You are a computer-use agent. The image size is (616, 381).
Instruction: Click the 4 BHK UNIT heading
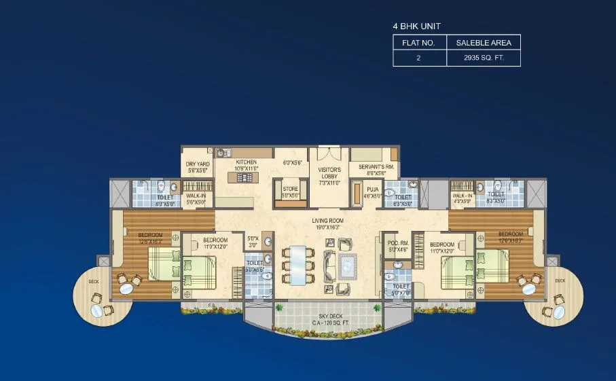point(416,26)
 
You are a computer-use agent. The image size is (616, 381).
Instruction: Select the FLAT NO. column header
point(419,43)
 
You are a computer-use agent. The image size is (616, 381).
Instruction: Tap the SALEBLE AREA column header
point(483,43)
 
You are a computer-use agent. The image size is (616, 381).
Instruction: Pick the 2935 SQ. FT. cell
point(483,58)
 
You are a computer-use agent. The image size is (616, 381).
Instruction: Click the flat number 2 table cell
point(419,58)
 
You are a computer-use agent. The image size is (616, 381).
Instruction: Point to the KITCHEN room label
point(246,163)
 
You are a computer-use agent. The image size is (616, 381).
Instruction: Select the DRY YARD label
point(198,164)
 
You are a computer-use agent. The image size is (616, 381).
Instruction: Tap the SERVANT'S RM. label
point(371,166)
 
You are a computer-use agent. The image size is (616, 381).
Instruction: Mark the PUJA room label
point(372,190)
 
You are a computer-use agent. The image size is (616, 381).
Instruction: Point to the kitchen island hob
point(244,177)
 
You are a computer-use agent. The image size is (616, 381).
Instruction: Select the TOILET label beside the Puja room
point(403,197)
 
